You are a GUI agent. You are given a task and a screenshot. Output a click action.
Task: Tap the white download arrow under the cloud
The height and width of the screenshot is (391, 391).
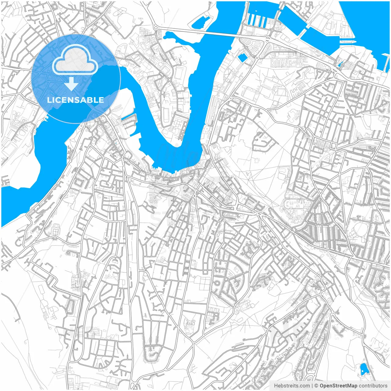(x=71, y=84)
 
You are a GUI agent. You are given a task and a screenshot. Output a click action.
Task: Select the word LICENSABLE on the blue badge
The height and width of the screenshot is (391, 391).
(x=75, y=100)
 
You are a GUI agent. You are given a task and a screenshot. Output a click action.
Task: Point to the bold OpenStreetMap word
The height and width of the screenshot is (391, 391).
(x=338, y=386)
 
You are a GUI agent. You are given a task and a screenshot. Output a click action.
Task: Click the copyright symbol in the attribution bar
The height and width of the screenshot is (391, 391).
(x=316, y=386)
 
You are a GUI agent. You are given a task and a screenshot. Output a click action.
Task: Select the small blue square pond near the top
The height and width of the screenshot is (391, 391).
(x=243, y=57)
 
